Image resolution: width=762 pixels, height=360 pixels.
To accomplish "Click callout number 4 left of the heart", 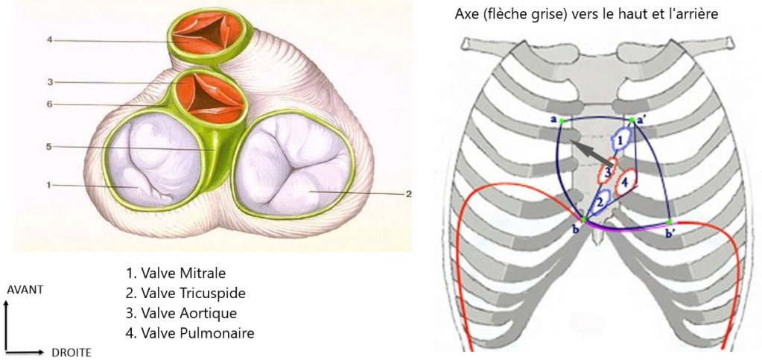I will click(x=48, y=40).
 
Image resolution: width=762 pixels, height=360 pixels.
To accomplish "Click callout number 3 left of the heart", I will click(x=48, y=81).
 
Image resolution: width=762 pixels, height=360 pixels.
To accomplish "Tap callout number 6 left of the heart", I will click(x=48, y=104).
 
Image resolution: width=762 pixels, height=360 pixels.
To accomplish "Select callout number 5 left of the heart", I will click(x=48, y=147).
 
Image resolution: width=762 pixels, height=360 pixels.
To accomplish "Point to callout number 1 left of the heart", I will click(x=48, y=185).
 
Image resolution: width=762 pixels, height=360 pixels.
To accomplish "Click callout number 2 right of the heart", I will click(x=408, y=194).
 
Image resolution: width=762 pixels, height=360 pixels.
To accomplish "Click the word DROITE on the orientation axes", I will click(x=71, y=352).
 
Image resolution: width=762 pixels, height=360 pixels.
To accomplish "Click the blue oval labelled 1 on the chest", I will click(x=620, y=138).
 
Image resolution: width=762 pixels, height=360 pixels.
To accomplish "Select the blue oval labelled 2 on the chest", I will click(x=600, y=200).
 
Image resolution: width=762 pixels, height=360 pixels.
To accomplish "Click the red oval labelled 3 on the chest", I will click(x=608, y=173).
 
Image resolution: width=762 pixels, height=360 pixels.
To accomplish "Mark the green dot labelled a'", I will click(x=632, y=120).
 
